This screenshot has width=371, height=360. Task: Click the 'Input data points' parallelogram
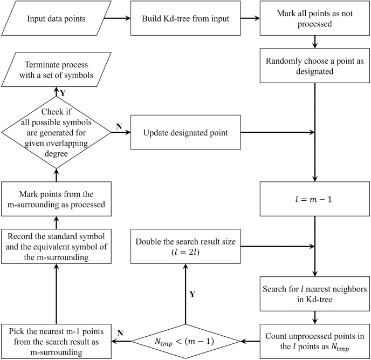tap(56, 18)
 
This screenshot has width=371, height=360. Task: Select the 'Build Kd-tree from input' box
tap(185, 18)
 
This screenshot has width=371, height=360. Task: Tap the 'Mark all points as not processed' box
tap(315, 18)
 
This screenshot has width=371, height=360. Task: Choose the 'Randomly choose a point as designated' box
tap(315, 66)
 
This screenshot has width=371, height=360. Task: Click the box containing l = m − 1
tap(315, 199)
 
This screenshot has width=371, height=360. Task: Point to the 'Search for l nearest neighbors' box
tap(315, 294)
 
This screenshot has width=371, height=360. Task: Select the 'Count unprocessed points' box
tap(315, 341)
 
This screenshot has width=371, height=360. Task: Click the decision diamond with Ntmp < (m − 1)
tap(185, 341)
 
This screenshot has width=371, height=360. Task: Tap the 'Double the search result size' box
tap(185, 246)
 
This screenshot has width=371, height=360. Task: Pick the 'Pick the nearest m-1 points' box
tap(56, 341)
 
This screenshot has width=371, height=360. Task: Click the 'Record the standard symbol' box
tap(56, 246)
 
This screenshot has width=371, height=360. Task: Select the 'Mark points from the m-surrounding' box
tap(56, 199)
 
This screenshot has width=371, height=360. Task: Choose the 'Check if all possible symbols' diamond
tap(56, 132)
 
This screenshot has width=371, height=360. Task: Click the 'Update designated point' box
tap(185, 132)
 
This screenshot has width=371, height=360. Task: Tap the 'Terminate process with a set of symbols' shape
tap(56, 70)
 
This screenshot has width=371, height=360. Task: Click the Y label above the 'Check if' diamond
tap(63, 93)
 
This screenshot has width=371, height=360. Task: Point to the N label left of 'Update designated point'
tap(119, 126)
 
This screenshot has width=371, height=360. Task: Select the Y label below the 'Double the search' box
tap(193, 294)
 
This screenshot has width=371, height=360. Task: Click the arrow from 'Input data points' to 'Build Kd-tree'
tap(117, 18)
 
